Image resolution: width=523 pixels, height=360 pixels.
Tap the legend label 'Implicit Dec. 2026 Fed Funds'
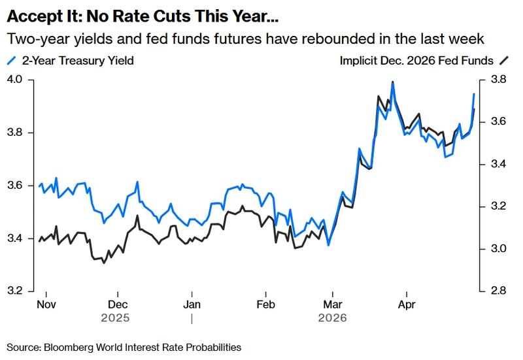point(416,61)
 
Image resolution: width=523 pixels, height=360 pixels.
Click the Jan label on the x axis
point(191,304)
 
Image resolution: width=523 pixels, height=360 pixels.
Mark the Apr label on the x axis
point(407,304)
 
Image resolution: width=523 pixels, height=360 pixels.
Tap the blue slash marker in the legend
point(11,61)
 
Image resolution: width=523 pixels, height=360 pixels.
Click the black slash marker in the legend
point(504,61)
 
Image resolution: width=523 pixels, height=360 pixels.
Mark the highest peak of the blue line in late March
point(392,83)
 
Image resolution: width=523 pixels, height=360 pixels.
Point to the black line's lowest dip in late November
point(103,263)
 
